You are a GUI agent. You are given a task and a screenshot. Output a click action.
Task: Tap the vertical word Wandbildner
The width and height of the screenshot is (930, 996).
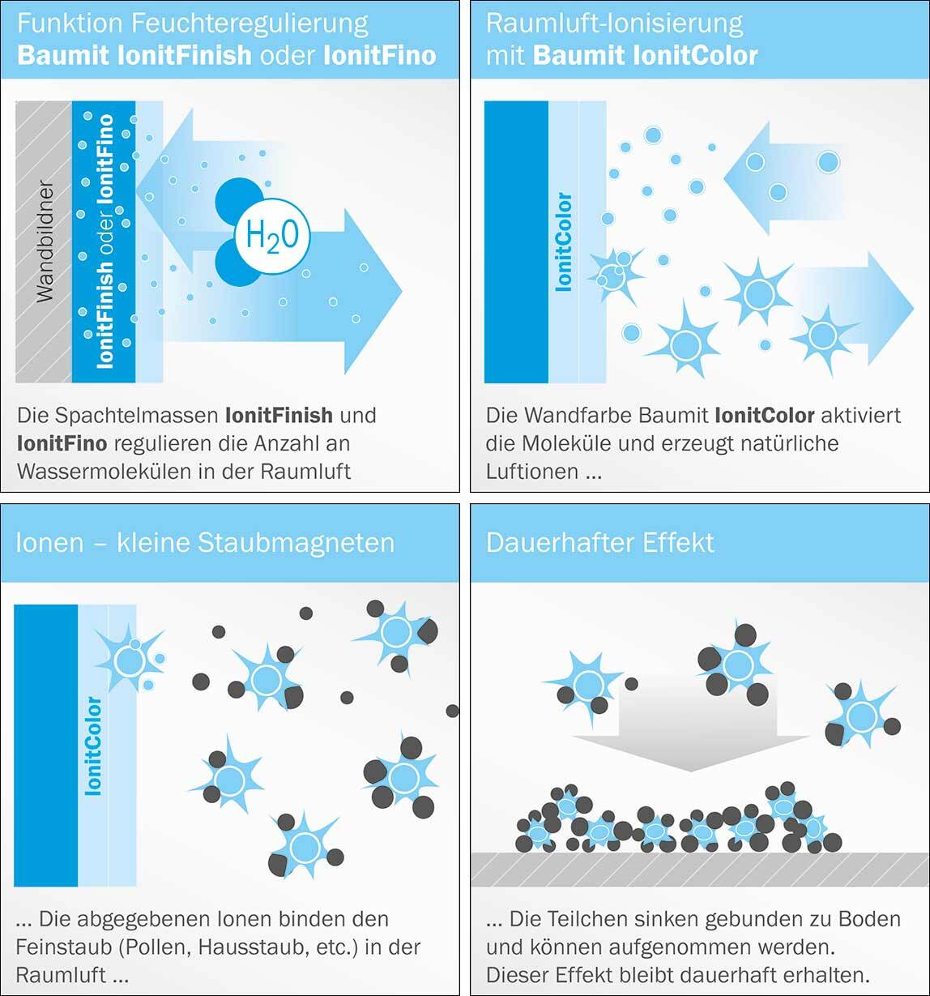coord(45,242)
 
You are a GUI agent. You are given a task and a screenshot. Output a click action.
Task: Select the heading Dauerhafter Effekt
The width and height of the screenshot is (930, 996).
coord(599,542)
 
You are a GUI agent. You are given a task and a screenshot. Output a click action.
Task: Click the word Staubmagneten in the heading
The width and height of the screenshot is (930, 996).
coord(296,543)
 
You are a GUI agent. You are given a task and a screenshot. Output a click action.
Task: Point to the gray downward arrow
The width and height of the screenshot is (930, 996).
coord(691,724)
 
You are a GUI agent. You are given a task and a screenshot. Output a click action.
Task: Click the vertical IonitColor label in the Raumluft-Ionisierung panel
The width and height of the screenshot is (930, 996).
coord(565,242)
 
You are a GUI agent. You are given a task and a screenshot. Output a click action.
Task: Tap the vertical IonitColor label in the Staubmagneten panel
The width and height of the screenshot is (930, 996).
coord(94,746)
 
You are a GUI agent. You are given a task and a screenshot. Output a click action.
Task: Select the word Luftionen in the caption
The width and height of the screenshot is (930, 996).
coord(532,472)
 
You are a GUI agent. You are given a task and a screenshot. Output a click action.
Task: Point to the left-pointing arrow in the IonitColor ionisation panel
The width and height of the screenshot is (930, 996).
coord(782,178)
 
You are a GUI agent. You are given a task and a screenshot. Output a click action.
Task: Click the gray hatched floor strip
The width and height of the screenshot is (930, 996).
coord(699,870)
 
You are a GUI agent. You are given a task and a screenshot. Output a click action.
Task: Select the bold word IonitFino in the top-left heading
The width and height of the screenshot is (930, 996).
coord(379,55)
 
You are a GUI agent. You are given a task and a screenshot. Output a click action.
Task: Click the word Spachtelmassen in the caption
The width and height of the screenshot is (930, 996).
coord(137,416)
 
